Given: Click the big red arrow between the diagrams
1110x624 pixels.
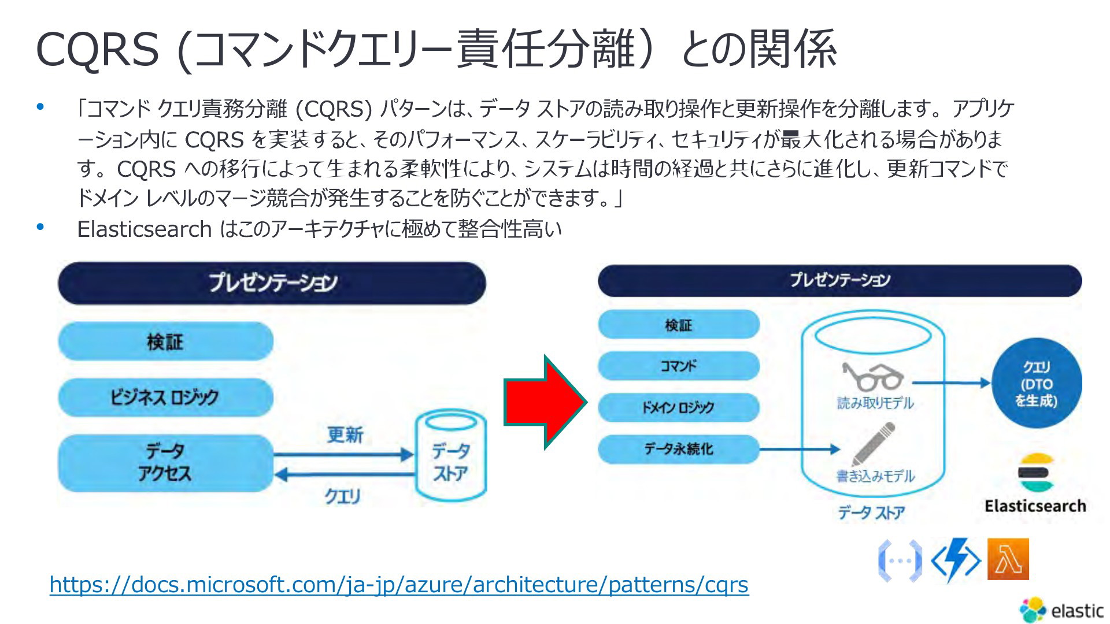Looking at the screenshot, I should [543, 402].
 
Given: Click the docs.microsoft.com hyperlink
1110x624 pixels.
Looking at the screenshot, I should [399, 585].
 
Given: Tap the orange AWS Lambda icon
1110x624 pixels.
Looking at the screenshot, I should [1008, 559].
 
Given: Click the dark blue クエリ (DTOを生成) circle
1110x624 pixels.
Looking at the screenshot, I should [1036, 384].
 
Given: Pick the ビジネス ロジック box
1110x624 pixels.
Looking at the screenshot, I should [165, 398].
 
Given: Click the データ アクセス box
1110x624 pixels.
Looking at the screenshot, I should [165, 463].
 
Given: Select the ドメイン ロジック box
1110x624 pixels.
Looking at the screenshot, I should [678, 407].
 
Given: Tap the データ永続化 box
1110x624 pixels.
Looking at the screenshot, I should [678, 449].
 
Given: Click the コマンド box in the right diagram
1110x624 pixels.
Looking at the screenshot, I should [678, 366].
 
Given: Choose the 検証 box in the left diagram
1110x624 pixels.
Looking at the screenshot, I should [165, 341].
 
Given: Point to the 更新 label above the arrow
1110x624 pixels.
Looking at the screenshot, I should [345, 434].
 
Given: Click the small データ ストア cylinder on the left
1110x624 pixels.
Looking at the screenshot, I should [451, 456].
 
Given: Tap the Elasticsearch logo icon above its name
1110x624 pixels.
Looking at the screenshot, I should [1035, 473].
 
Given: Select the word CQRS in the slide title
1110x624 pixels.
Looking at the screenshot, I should [97, 50].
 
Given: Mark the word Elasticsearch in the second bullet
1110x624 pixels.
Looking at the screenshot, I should [145, 229].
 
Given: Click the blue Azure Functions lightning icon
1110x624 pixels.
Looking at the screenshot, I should [956, 560].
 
